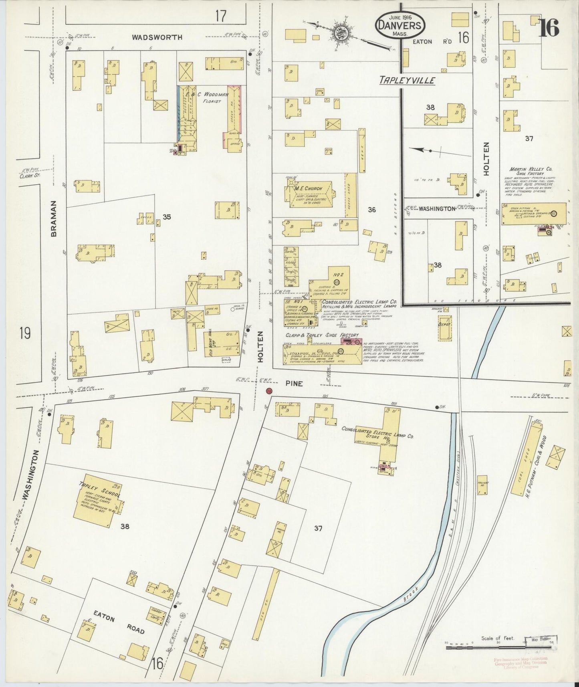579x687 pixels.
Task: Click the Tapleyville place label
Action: pyautogui.click(x=408, y=81)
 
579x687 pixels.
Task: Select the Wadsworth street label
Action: pyautogui.click(x=157, y=37)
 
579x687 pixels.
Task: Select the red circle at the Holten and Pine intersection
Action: pyautogui.click(x=269, y=391)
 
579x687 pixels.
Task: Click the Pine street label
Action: pyautogui.click(x=294, y=384)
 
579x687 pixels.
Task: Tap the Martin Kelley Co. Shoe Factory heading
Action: pyautogui.click(x=527, y=171)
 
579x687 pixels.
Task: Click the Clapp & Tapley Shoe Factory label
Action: pyautogui.click(x=322, y=335)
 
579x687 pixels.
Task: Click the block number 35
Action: pyautogui.click(x=167, y=217)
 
